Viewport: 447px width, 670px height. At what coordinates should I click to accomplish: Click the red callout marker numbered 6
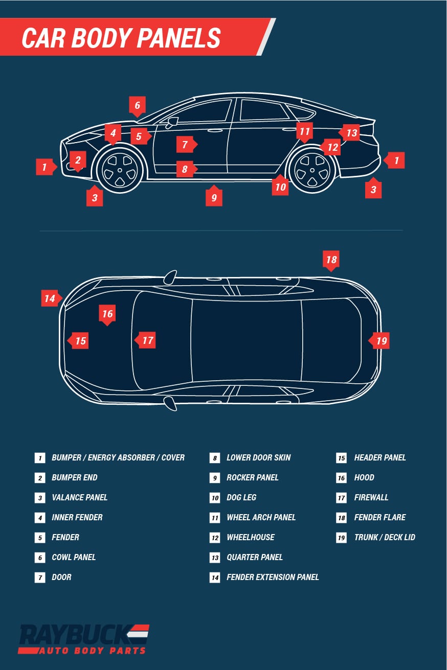pyautogui.click(x=137, y=106)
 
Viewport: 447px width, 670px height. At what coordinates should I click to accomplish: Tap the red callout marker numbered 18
pyautogui.click(x=331, y=260)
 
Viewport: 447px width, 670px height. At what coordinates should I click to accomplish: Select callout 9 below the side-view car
pyautogui.click(x=214, y=197)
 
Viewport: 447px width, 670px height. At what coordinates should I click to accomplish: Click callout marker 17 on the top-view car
pyautogui.click(x=147, y=340)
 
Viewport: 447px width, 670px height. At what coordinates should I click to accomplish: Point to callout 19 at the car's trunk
pyautogui.click(x=381, y=340)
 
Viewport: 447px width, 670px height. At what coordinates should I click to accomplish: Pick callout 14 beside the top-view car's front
pyautogui.click(x=50, y=298)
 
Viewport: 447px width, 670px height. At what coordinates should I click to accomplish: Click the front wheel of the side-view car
pyautogui.click(x=120, y=169)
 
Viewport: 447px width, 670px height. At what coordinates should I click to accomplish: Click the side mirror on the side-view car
pyautogui.click(x=172, y=122)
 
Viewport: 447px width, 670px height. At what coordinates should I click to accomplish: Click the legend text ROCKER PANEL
pyautogui.click(x=253, y=477)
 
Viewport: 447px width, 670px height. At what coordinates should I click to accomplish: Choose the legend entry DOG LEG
pyautogui.click(x=241, y=497)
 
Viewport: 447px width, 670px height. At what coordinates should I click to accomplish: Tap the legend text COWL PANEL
pyautogui.click(x=74, y=557)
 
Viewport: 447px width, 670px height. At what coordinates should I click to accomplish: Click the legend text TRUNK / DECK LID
pyautogui.click(x=385, y=537)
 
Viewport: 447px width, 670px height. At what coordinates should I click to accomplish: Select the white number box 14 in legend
pyautogui.click(x=215, y=577)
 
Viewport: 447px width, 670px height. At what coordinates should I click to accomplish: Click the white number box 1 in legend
pyautogui.click(x=40, y=458)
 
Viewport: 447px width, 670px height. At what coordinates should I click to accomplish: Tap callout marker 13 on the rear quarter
pyautogui.click(x=350, y=133)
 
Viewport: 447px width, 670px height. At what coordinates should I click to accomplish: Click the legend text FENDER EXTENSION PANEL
pyautogui.click(x=273, y=577)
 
